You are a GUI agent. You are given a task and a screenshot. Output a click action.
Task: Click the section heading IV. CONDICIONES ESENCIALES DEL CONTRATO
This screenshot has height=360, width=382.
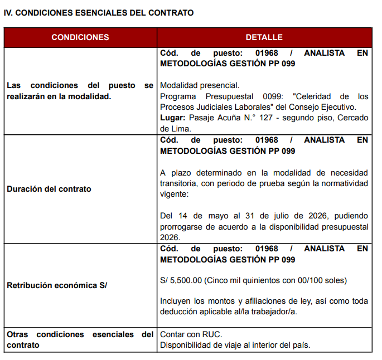tap(99, 13)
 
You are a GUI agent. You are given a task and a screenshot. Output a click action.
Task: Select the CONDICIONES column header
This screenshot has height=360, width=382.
tap(80, 37)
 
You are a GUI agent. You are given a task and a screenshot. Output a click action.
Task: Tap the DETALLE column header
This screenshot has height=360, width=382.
tap(264, 37)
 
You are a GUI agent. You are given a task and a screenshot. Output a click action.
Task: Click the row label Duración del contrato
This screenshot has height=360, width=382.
tap(49, 189)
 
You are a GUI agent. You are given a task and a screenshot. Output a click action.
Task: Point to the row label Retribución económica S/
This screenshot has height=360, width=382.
tap(57, 285)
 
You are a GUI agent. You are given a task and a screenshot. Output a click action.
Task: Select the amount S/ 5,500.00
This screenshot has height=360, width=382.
tap(181, 280)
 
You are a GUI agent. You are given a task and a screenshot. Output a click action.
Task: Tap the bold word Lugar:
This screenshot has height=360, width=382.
tap(172, 118)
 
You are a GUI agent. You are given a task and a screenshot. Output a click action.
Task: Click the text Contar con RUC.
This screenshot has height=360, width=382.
tap(191, 334)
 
